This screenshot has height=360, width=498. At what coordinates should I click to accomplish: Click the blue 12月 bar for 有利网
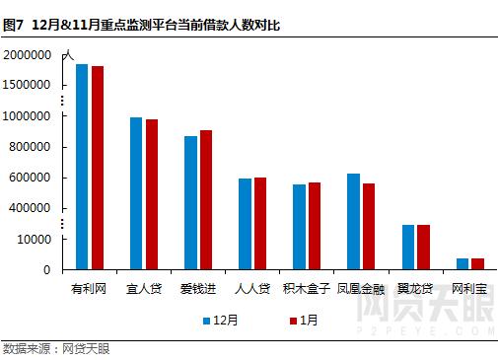[82, 167]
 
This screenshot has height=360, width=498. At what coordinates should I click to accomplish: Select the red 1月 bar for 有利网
[98, 168]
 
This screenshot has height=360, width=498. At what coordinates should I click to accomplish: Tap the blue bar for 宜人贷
[136, 193]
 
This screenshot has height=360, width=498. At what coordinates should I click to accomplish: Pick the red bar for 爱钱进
[206, 199]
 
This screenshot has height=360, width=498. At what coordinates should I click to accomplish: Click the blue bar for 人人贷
[245, 224]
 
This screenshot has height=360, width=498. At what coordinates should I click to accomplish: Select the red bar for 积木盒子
[315, 226]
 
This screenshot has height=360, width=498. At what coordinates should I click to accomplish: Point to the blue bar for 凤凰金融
[353, 221]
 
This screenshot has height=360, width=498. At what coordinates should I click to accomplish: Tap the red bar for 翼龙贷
[423, 247]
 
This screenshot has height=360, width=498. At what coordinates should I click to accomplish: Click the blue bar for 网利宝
[462, 263]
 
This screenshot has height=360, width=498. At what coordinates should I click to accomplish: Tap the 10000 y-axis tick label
[34, 239]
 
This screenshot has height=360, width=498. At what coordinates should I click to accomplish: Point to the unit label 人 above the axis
[68, 56]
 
